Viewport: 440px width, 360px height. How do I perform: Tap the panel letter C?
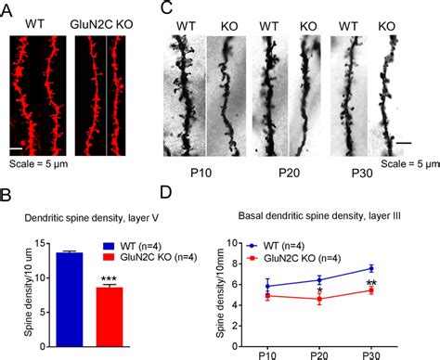166,8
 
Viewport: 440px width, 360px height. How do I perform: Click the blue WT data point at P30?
371,268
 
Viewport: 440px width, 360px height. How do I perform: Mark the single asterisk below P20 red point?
320,292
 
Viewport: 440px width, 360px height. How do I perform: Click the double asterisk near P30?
371,283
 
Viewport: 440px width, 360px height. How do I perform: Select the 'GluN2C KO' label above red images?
101,19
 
